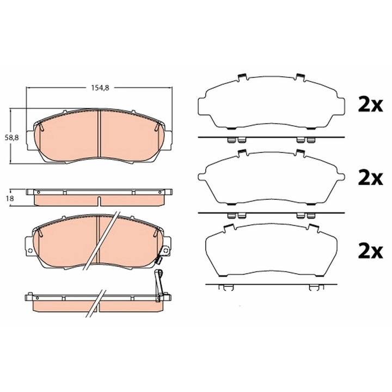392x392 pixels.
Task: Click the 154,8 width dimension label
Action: pos(100,88)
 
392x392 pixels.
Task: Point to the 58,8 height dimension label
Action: pos(12,138)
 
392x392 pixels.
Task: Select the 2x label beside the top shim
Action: pos(370,105)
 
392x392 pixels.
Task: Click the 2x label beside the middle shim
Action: pos(370,179)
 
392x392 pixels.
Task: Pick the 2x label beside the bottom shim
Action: pos(370,252)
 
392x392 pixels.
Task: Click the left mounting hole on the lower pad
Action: pos(30,250)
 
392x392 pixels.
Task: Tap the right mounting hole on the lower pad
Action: pos(166,250)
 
